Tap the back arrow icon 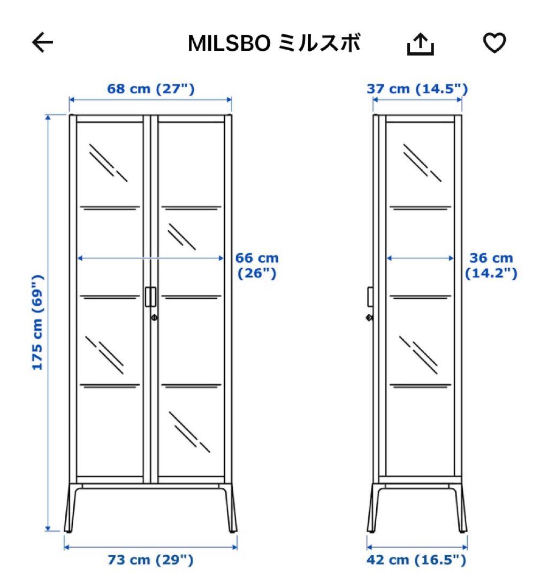tap(43, 43)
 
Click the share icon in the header tap(420, 44)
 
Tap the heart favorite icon tap(494, 43)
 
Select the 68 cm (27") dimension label tap(150, 88)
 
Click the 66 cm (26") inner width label tap(257, 266)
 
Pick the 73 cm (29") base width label tap(150, 560)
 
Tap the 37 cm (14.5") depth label tap(417, 88)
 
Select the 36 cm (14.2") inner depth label tap(491, 266)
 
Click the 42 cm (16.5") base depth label tap(417, 560)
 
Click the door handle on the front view tap(150, 297)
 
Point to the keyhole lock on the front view tap(154, 318)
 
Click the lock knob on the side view tap(369, 317)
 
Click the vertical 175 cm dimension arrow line tap(49, 214)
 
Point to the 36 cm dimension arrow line tap(420, 258)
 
